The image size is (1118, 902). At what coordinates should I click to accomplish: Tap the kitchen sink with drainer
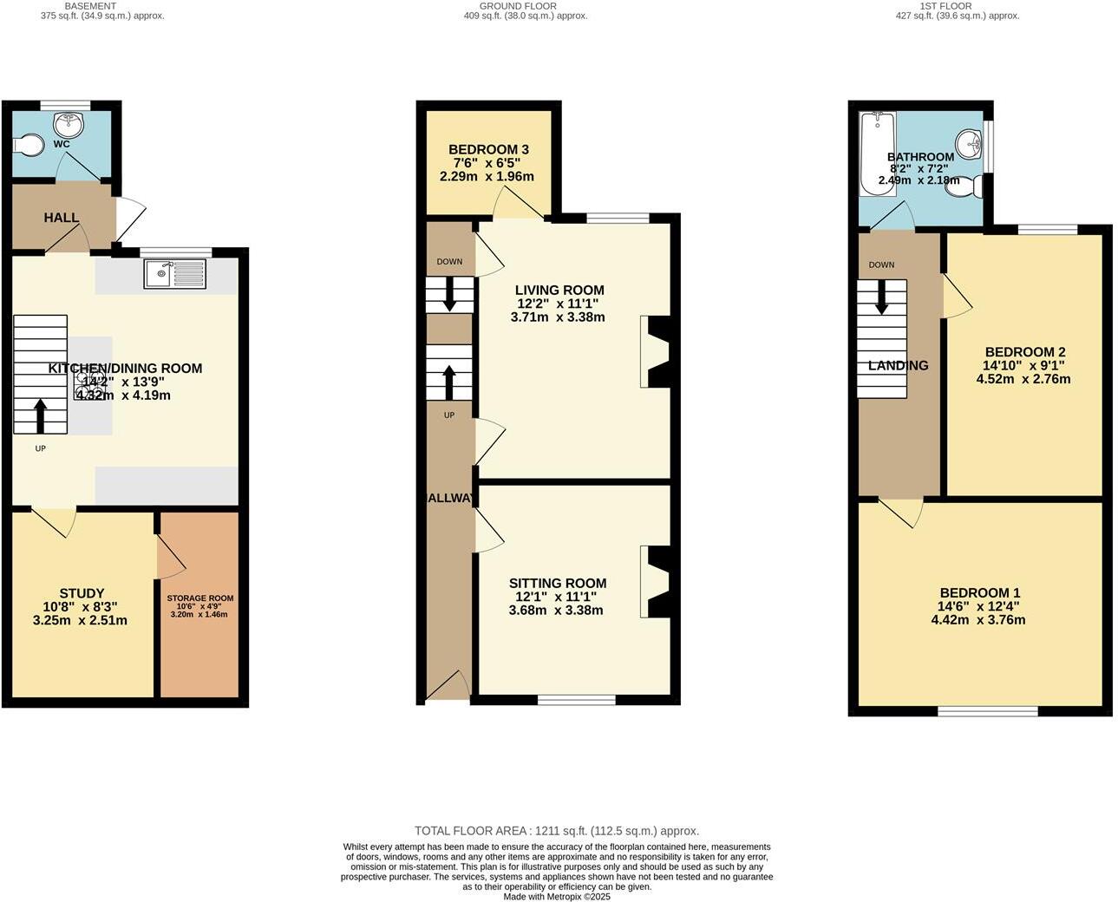[x=176, y=275]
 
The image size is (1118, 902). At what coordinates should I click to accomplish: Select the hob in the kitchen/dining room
[x=90, y=384]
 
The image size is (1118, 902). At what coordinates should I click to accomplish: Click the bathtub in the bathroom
[x=877, y=154]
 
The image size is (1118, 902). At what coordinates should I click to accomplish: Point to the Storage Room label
[x=200, y=598]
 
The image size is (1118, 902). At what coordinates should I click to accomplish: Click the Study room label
[x=82, y=594]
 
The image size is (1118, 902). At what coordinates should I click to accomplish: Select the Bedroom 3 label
[x=488, y=150]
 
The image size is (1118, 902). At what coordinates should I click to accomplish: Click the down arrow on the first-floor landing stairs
[x=881, y=297]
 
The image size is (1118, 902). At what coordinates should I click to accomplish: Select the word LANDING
[x=898, y=366]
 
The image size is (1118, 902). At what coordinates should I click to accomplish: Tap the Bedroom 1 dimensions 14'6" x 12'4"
[x=978, y=607]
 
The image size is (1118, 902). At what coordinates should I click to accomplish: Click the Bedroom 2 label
[x=1024, y=352]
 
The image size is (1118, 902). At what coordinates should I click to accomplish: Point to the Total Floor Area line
[x=556, y=831]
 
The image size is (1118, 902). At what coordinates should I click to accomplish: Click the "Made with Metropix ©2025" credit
[x=556, y=897]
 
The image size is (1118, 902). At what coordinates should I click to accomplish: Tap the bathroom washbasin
[x=969, y=141]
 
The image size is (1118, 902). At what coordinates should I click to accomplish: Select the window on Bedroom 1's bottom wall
[x=987, y=711]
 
